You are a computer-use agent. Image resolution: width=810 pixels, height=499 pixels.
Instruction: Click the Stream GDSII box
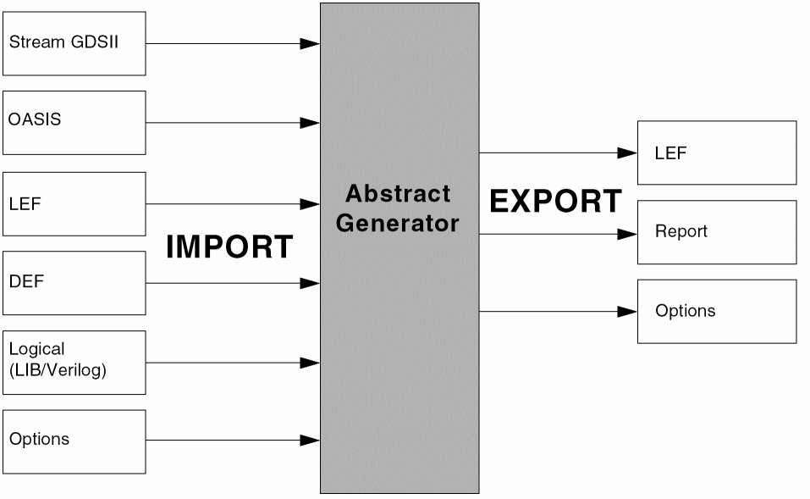tap(74, 43)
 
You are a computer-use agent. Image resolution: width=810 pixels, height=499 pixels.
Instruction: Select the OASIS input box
tap(74, 123)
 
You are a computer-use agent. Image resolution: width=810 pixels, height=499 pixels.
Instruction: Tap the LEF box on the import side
tap(74, 203)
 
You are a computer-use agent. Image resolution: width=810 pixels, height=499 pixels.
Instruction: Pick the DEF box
tap(74, 283)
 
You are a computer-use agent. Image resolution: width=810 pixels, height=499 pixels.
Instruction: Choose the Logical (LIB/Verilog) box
tap(74, 363)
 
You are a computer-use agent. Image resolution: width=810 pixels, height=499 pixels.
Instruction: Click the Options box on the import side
tap(74, 441)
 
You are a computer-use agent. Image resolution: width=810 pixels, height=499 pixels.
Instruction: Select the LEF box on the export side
tap(716, 152)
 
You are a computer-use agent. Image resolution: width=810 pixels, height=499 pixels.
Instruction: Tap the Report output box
tap(716, 232)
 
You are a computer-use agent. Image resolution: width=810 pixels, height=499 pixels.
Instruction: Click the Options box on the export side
tap(716, 311)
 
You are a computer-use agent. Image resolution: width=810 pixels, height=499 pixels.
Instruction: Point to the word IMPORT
tap(229, 247)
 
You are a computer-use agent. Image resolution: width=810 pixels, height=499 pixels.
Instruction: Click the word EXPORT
tap(555, 202)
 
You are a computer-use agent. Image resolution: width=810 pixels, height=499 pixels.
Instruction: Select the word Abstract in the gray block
tap(398, 194)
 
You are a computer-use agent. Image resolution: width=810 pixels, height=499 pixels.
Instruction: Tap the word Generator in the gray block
tap(398, 224)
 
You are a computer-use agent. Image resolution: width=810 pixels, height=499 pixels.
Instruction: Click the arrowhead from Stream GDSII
tap(310, 43)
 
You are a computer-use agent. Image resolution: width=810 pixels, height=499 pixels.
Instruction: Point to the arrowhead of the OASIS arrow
tap(310, 123)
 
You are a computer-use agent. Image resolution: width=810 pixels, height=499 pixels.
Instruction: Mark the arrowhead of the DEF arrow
tap(310, 283)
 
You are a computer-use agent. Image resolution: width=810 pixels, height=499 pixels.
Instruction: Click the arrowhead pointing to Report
tap(627, 233)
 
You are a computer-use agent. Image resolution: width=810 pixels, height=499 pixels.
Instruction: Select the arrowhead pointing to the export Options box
tap(627, 312)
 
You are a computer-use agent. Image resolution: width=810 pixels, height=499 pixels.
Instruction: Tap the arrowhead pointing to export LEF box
tap(627, 153)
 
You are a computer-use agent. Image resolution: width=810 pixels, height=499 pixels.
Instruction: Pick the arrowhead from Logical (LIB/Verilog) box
tap(310, 363)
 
